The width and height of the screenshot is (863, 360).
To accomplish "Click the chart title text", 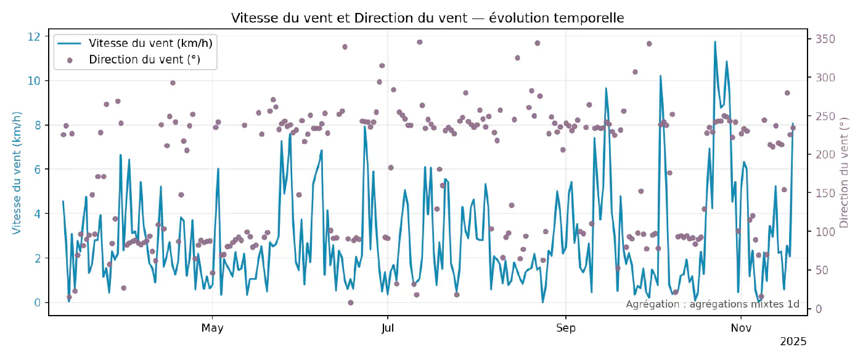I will tap(427, 18).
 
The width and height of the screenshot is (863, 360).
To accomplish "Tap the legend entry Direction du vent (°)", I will tap(144, 60).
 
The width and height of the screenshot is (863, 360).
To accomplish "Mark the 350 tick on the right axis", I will tap(825, 39).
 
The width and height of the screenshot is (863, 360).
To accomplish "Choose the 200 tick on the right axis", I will tap(825, 155).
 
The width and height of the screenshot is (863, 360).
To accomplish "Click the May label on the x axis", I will tap(212, 328).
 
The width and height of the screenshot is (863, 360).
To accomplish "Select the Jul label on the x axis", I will tap(388, 328).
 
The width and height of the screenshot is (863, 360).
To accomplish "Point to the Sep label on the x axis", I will tap(566, 328).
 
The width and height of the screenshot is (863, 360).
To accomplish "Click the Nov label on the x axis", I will tap(741, 328).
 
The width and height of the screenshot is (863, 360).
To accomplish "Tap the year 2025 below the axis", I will tap(793, 341).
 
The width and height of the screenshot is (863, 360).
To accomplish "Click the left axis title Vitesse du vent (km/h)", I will tap(17, 173).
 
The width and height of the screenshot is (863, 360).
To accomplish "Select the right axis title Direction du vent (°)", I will tap(844, 173).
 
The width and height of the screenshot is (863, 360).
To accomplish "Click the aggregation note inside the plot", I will tap(713, 304).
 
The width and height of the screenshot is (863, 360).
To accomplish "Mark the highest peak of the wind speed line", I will tap(715, 42).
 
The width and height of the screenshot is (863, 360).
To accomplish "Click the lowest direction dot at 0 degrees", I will tap(351, 303).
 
